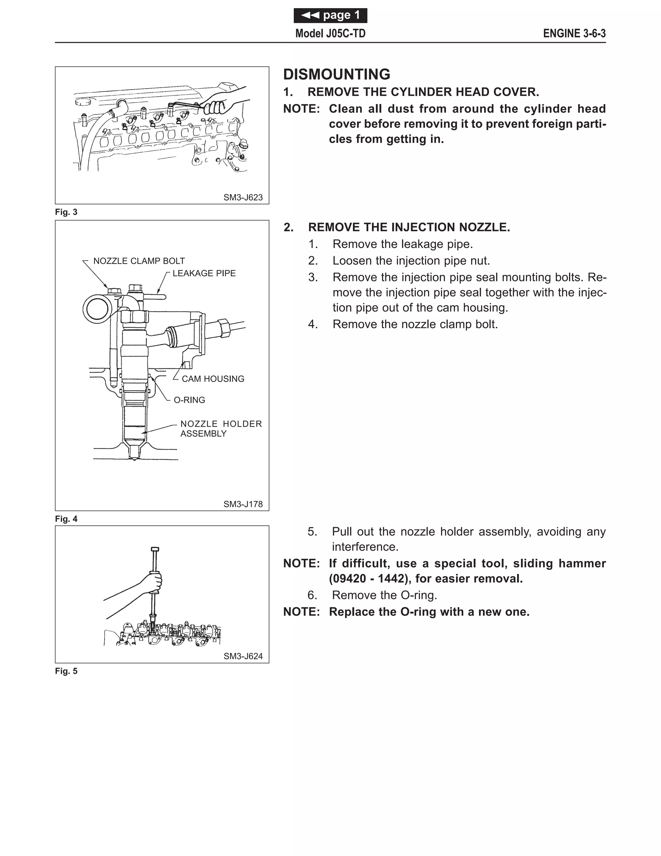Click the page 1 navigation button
[x=330, y=15]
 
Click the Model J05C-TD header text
[x=330, y=34]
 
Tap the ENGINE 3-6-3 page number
[x=574, y=34]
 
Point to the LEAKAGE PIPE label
[x=204, y=273]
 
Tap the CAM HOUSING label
[x=213, y=379]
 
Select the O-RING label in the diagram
[x=189, y=400]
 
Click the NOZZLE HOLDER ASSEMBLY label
[x=220, y=428]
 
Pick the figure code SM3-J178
[x=243, y=504]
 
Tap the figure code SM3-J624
[x=243, y=656]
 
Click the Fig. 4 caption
[x=66, y=519]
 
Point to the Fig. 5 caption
[x=66, y=671]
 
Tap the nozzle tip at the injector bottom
[x=134, y=457]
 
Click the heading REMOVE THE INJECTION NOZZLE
[x=409, y=227]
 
